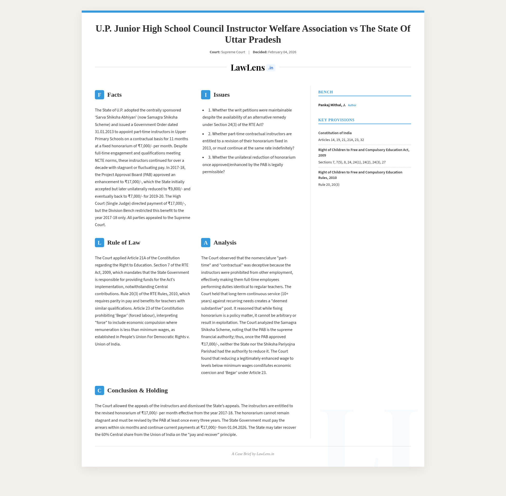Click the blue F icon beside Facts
(99, 95)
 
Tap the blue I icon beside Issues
(206, 95)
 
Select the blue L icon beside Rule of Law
(99, 243)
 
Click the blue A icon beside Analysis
(206, 243)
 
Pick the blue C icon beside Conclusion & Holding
(99, 391)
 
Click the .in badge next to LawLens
(271, 68)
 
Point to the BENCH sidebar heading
(325, 92)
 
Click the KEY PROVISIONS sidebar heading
(336, 120)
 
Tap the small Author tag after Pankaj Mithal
(352, 105)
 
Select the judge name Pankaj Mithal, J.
(332, 105)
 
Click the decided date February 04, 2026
(282, 52)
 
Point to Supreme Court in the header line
(233, 52)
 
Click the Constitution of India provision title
(335, 133)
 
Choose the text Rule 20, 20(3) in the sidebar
(329, 185)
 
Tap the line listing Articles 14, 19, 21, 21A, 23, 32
(341, 140)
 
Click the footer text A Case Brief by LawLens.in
(253, 454)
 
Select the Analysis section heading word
(225, 243)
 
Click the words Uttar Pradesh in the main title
(253, 40)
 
